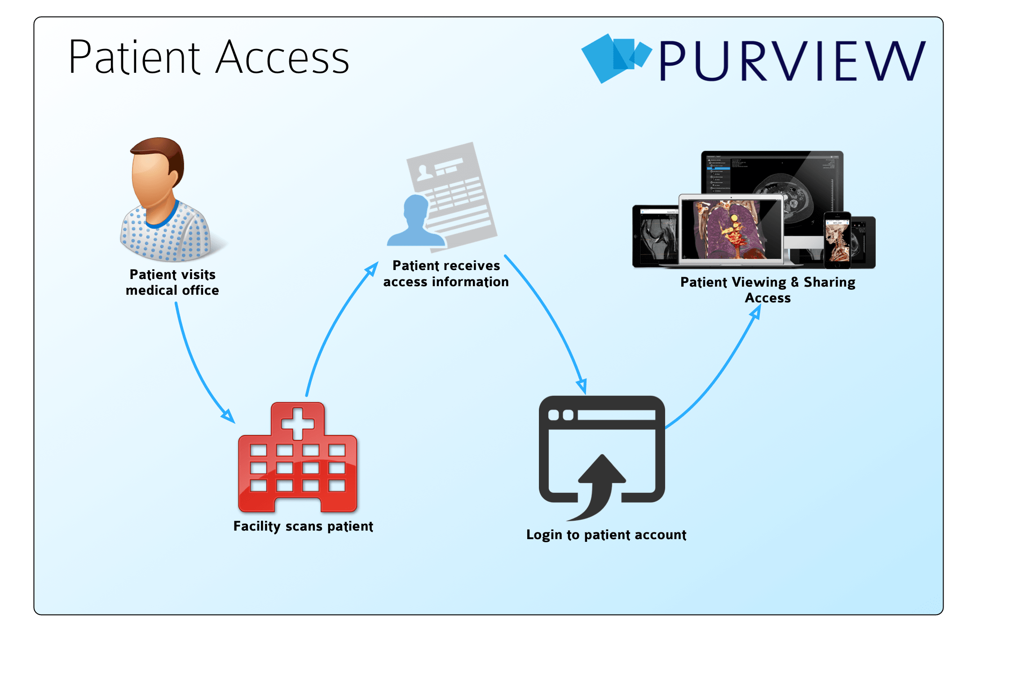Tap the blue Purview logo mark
(615, 58)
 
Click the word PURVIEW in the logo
(792, 61)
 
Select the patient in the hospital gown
(164, 202)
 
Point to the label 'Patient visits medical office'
(172, 282)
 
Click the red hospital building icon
(297, 463)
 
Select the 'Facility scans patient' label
(303, 526)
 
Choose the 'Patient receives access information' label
(446, 274)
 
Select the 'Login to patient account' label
(606, 535)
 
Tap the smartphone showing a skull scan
(838, 240)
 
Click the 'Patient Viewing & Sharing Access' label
(768, 290)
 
